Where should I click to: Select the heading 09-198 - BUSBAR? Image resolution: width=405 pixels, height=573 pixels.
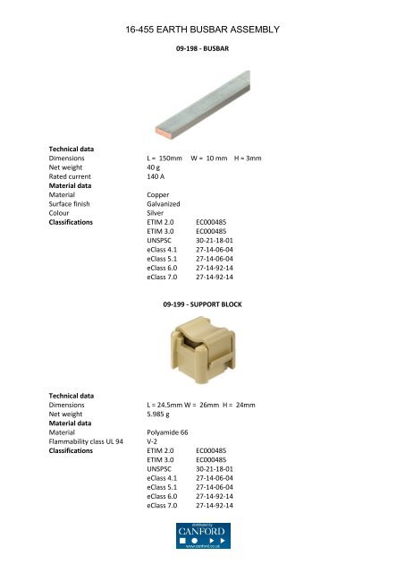203,60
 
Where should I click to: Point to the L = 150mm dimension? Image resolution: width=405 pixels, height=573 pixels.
165,158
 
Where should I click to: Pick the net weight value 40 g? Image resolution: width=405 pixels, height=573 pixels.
153,167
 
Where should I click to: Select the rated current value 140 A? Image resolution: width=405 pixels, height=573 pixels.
157,177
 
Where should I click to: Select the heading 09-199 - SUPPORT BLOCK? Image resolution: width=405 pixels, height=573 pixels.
203,305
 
